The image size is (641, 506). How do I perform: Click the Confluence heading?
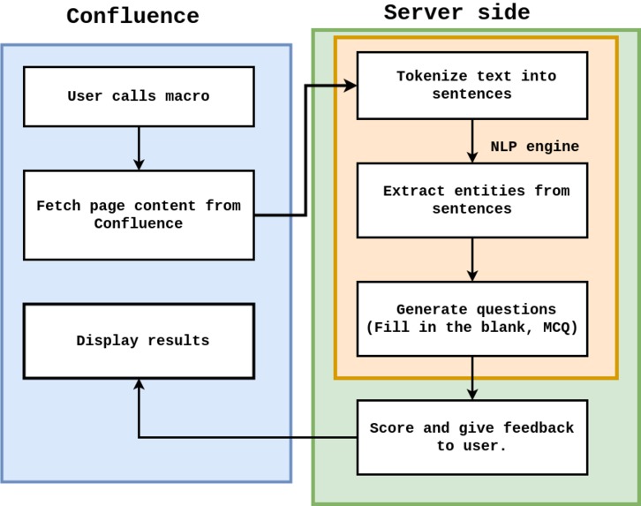pyautogui.click(x=132, y=16)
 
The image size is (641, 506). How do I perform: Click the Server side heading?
pyautogui.click(x=456, y=12)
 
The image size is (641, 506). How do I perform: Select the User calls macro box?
pyautogui.click(x=139, y=96)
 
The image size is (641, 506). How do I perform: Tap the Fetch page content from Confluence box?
pyautogui.click(x=139, y=215)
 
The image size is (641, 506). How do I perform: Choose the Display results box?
pyautogui.click(x=139, y=341)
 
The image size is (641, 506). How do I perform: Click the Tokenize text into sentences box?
pyautogui.click(x=471, y=85)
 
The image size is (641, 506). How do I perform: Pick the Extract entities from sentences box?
pyautogui.click(x=471, y=200)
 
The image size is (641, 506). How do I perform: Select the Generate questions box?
pyautogui.click(x=471, y=318)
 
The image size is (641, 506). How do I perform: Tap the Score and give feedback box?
pyautogui.click(x=471, y=437)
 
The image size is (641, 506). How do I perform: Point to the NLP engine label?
pyautogui.click(x=535, y=147)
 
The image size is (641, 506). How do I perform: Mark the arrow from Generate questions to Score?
pyautogui.click(x=472, y=378)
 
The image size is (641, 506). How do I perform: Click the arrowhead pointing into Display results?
pyautogui.click(x=139, y=385)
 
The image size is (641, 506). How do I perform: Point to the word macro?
pyautogui.click(x=187, y=96)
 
